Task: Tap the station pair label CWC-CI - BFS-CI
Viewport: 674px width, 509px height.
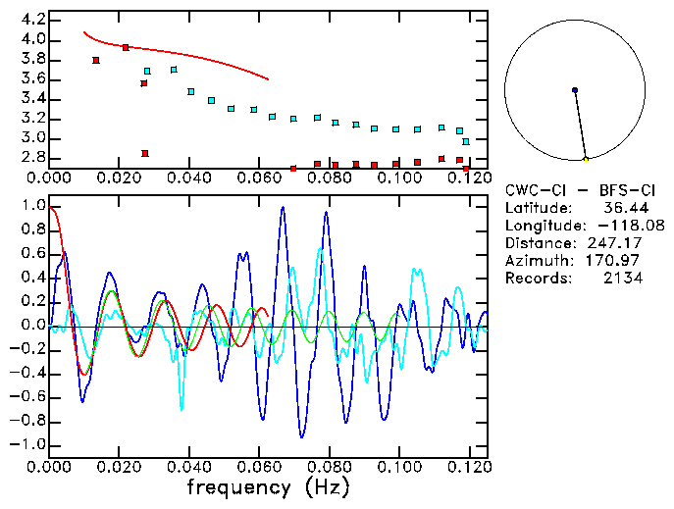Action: pyautogui.click(x=581, y=189)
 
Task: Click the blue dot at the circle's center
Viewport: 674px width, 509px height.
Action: pyautogui.click(x=575, y=90)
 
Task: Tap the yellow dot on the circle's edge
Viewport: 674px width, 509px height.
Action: pyautogui.click(x=586, y=159)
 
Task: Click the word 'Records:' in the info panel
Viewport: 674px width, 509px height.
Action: pyautogui.click(x=536, y=278)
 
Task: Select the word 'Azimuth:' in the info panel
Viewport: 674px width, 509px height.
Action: pyautogui.click(x=536, y=260)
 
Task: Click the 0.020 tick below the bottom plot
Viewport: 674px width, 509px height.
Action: pyautogui.click(x=119, y=467)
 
